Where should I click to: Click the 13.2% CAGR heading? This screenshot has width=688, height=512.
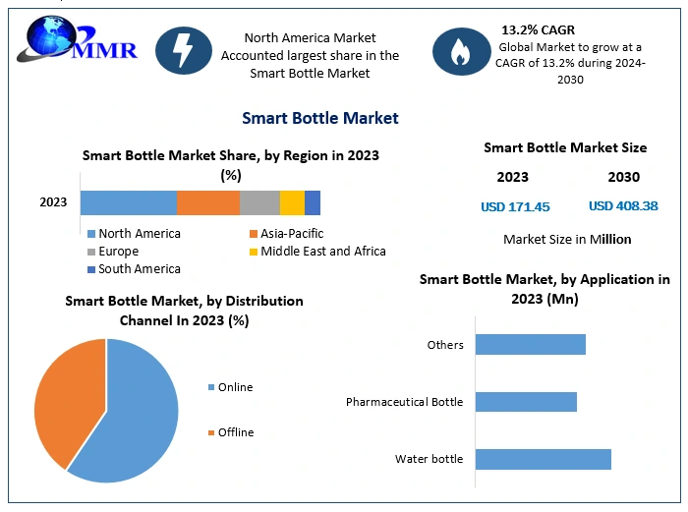[539, 29]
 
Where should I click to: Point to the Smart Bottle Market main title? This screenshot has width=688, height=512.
[320, 118]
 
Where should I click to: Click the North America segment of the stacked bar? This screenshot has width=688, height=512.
[128, 202]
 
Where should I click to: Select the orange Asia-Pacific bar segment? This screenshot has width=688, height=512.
[208, 202]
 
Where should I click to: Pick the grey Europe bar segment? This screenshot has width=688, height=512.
[259, 202]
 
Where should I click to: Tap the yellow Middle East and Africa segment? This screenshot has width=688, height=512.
[292, 202]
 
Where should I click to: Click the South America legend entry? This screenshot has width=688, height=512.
[139, 268]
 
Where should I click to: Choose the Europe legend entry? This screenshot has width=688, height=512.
[119, 252]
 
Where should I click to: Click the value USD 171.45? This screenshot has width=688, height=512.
[515, 206]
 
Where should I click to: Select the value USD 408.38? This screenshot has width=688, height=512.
[623, 206]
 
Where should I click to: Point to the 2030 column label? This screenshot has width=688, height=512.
[623, 177]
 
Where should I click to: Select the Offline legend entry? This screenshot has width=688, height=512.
[235, 432]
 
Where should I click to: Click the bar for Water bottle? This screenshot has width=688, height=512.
[544, 459]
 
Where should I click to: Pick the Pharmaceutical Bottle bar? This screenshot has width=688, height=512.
[526, 402]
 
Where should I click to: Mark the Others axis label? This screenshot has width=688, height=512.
[444, 345]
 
